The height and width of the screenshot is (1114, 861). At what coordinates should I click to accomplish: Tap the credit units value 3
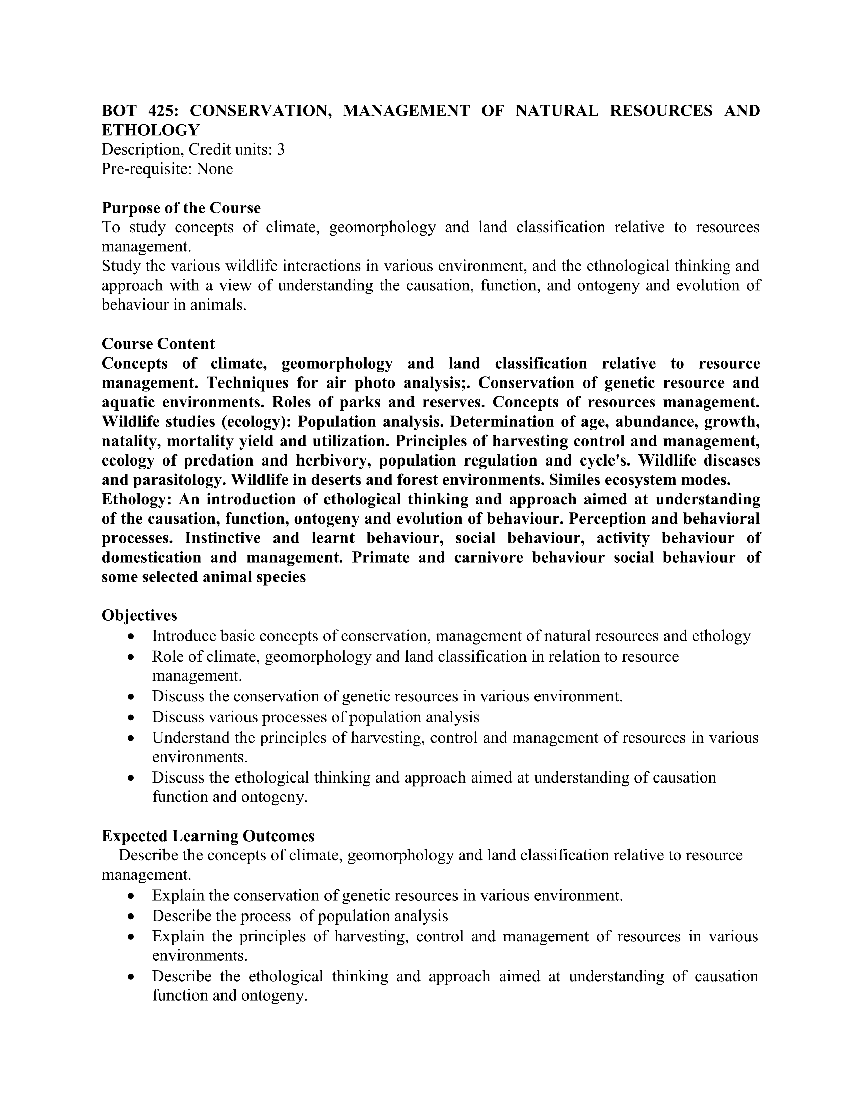[281, 150]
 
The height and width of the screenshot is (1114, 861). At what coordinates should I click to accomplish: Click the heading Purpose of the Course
[181, 208]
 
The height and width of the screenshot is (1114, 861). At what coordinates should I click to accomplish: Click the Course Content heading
[158, 344]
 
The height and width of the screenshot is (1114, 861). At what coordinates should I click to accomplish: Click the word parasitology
[179, 479]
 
